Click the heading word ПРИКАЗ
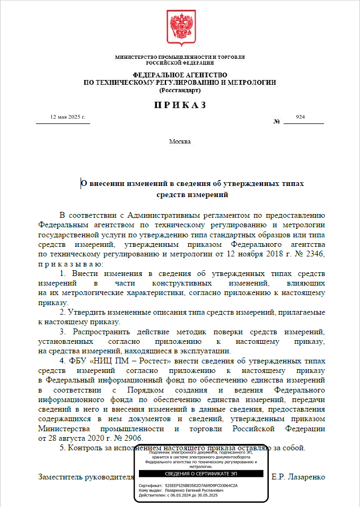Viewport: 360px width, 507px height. coord(180,105)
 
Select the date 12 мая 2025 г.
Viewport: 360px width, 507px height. coord(67,117)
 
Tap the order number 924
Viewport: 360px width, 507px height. coord(300,117)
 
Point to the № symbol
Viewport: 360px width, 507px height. coord(276,122)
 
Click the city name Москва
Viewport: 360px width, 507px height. coord(180,141)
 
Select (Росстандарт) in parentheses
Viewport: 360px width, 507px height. coord(180,90)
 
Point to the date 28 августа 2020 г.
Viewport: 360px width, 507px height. coord(79,438)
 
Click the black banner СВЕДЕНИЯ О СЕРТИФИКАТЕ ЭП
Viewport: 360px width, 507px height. coord(201,473)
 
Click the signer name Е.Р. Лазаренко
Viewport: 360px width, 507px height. coord(297,477)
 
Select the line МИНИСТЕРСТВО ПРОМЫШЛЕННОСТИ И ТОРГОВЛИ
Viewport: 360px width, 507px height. coord(180,57)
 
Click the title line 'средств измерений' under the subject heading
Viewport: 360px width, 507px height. coord(192,194)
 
